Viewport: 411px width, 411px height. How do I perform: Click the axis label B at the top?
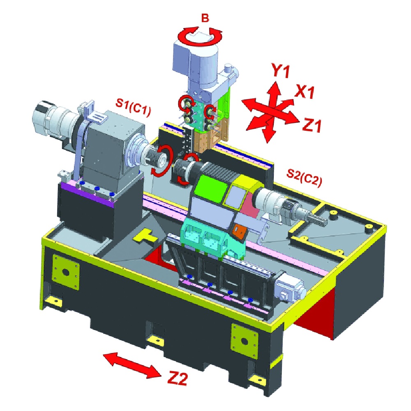point(205,18)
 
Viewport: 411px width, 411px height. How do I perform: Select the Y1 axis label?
point(280,71)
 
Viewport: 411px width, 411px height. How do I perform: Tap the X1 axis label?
point(304,92)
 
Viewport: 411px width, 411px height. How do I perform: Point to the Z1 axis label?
point(312,125)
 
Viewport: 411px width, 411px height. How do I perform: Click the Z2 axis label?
point(178,378)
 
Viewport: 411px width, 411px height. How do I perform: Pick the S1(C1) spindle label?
point(134,107)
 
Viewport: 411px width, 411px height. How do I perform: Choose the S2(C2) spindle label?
point(304,178)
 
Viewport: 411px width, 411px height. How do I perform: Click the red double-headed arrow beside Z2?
point(132,365)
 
